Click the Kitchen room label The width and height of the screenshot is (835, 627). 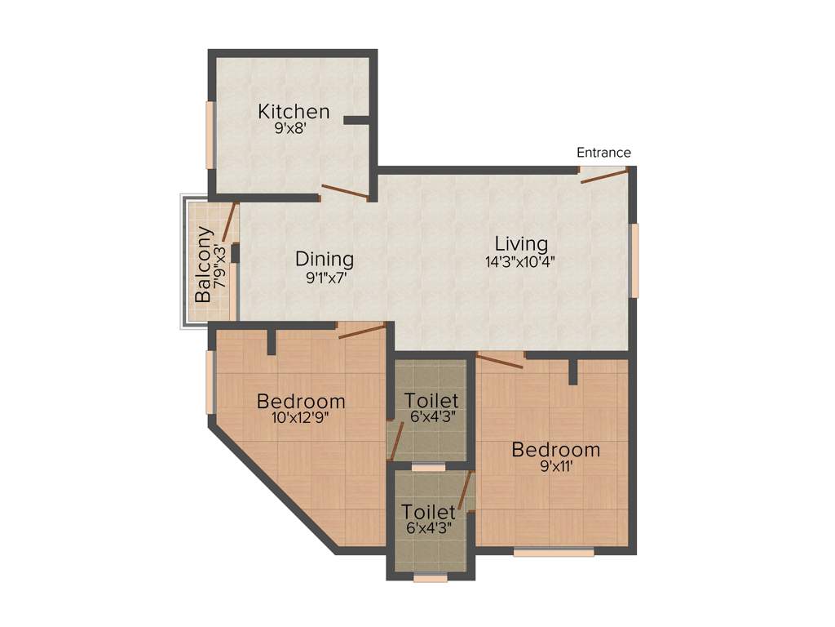click(294, 111)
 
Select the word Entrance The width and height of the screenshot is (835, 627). click(603, 152)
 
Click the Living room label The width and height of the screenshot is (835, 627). click(521, 243)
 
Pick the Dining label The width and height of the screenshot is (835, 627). click(325, 260)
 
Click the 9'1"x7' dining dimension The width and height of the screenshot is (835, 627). click(324, 278)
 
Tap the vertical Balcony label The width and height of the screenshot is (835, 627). click(204, 265)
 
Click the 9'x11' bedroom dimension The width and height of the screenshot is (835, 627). click(556, 467)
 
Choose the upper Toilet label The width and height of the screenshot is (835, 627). click(431, 401)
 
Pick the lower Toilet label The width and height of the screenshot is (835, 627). click(428, 512)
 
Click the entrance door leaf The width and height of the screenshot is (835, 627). click(604, 176)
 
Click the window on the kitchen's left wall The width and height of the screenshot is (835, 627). click(210, 135)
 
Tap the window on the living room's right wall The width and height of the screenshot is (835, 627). click(634, 260)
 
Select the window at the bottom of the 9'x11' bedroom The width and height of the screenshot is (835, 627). click(554, 553)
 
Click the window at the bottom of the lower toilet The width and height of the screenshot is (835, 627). click(430, 578)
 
